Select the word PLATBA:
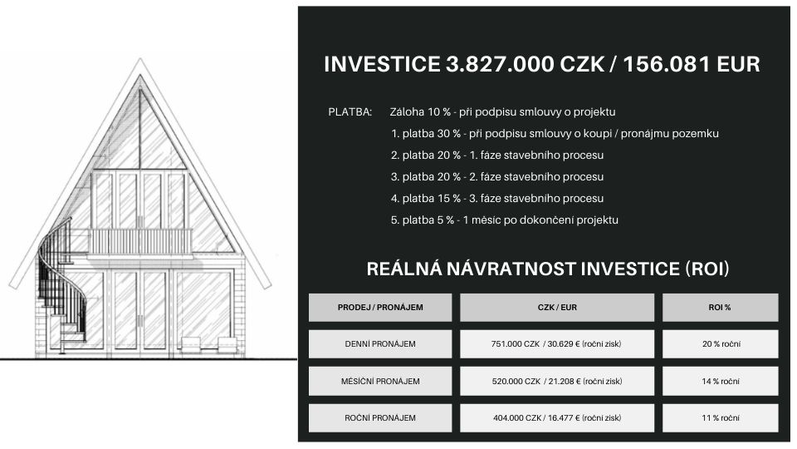coord(350,112)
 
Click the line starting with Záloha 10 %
coord(503,112)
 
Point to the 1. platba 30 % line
coord(555,134)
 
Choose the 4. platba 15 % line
coord(497,199)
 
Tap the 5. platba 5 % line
coord(504,220)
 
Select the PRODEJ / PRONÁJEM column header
coord(380,308)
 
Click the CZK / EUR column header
coord(557,308)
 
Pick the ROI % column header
coord(720,308)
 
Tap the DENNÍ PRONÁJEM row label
coord(380,344)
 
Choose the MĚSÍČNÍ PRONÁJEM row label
coord(380,382)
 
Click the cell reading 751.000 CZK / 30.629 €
coord(557,344)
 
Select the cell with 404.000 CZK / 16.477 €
coord(557,418)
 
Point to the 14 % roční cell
coord(721,382)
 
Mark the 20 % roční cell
coord(721,344)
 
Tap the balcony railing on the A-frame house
coord(140,242)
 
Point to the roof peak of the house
coord(140,59)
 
